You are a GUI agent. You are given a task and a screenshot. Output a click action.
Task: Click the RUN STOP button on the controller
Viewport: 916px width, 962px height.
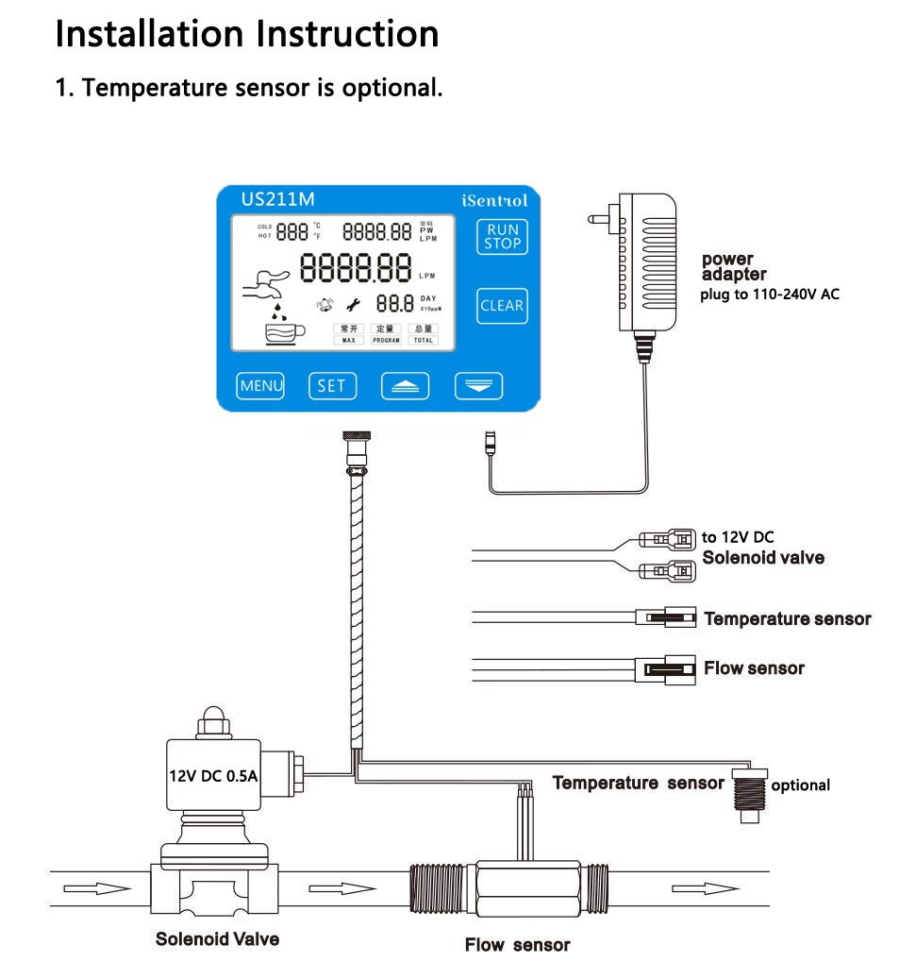502,236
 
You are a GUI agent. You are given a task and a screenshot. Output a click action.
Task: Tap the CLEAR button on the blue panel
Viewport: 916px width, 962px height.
502,306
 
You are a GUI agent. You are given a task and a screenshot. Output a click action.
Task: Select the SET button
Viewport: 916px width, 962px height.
331,385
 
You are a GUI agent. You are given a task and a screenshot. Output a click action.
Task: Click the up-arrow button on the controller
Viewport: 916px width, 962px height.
405,386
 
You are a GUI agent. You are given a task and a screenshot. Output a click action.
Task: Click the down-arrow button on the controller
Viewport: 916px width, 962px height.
478,386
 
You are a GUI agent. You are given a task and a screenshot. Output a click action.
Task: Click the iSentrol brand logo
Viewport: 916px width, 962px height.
494,200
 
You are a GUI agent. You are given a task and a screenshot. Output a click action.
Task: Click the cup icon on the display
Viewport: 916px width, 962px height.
284,332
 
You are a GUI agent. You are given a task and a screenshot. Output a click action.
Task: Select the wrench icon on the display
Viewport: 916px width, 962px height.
355,304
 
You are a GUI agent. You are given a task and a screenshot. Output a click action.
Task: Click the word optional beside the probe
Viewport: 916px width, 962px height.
800,785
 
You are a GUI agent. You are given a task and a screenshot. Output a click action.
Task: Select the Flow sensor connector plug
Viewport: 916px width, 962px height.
669,668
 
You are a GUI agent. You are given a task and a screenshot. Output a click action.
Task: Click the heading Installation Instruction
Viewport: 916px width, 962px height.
247,34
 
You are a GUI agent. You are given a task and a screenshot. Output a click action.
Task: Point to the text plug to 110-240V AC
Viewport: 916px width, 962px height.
769,295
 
